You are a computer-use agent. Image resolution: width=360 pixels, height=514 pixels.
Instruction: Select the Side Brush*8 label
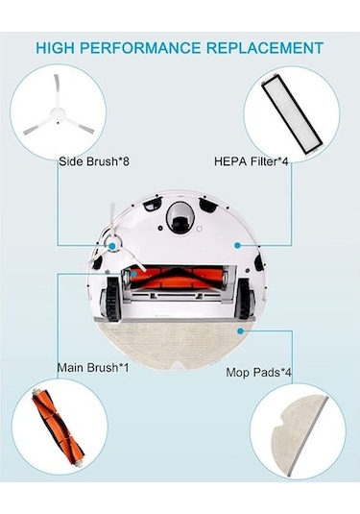[x=94, y=161]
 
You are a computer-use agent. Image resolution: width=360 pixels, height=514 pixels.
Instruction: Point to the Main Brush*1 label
[x=95, y=365]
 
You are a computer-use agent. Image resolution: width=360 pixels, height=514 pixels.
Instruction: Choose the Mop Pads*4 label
[x=260, y=371]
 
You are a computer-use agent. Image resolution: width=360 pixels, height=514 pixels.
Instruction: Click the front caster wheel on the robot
[x=179, y=219]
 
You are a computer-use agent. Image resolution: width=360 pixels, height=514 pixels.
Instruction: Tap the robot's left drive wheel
[x=113, y=295]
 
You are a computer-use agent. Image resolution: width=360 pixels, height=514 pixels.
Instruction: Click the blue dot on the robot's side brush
[x=114, y=247]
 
